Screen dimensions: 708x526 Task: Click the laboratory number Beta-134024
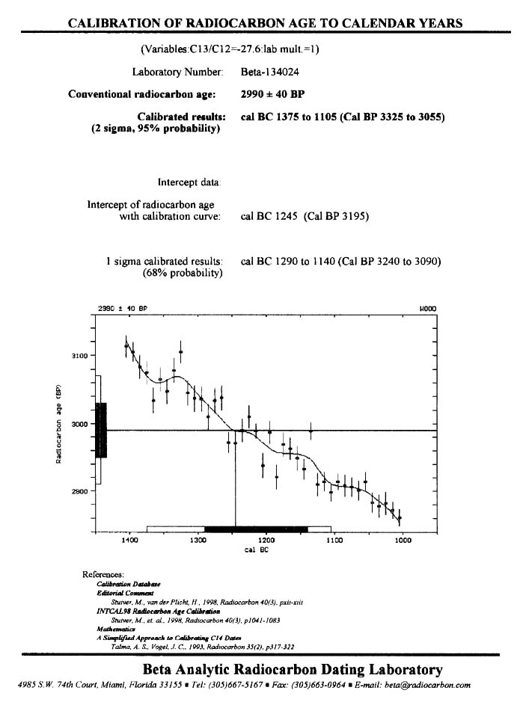tap(273, 72)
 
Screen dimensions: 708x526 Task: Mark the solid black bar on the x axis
tap(256, 529)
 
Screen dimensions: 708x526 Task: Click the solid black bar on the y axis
tap(102, 430)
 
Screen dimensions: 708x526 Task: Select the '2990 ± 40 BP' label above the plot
tap(123, 308)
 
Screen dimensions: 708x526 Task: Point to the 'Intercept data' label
tap(189, 182)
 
